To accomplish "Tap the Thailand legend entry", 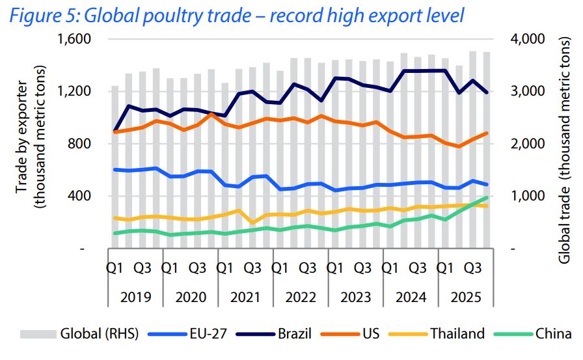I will (457, 334).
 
